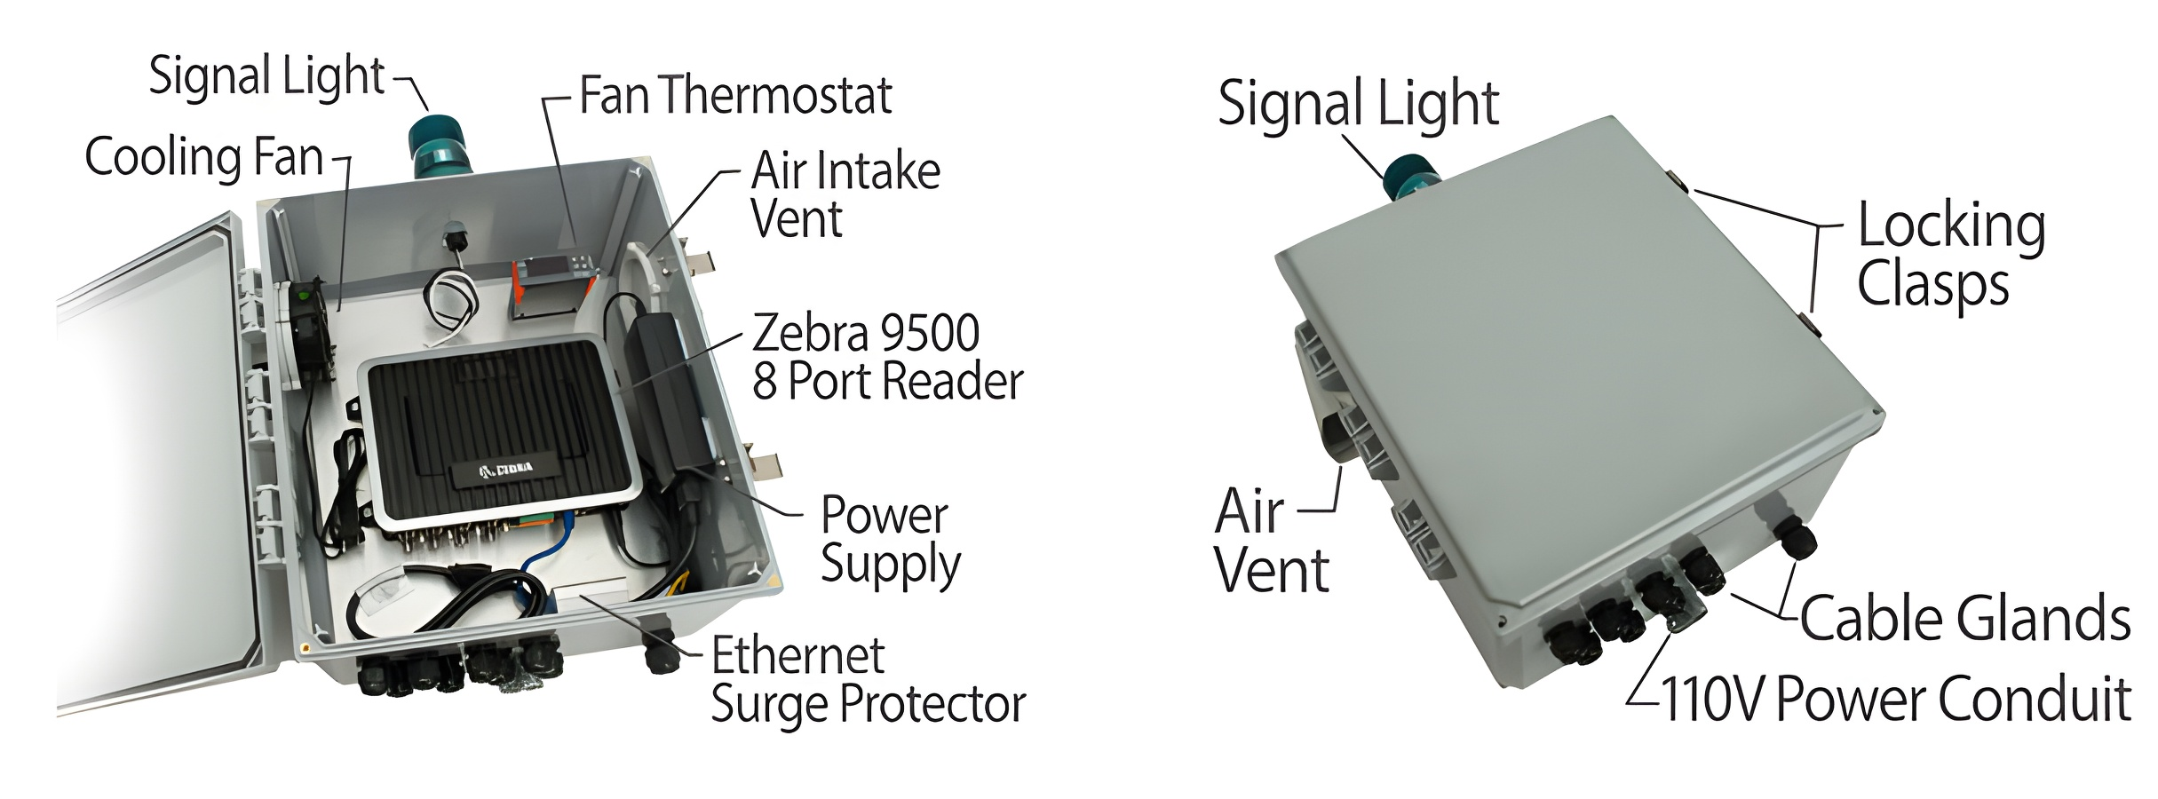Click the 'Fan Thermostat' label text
[x=735, y=96]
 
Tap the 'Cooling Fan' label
[x=204, y=158]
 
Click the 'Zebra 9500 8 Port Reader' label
[x=886, y=357]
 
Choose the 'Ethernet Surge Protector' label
[x=868, y=680]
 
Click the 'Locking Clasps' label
[x=1951, y=254]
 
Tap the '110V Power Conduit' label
[x=1895, y=700]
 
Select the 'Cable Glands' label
[x=1965, y=619]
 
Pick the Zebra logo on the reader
[x=506, y=470]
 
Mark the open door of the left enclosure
[x=151, y=462]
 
